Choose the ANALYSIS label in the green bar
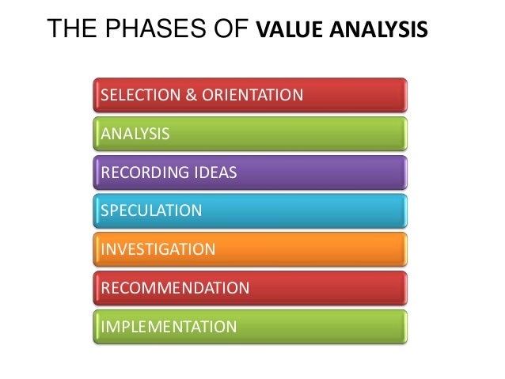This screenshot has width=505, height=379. pos(135,134)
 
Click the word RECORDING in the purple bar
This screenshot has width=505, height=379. pos(142,172)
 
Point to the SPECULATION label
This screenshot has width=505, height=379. pos(151,210)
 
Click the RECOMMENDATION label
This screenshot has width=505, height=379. pos(175,287)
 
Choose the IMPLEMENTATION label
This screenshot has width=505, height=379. pos(169,326)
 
